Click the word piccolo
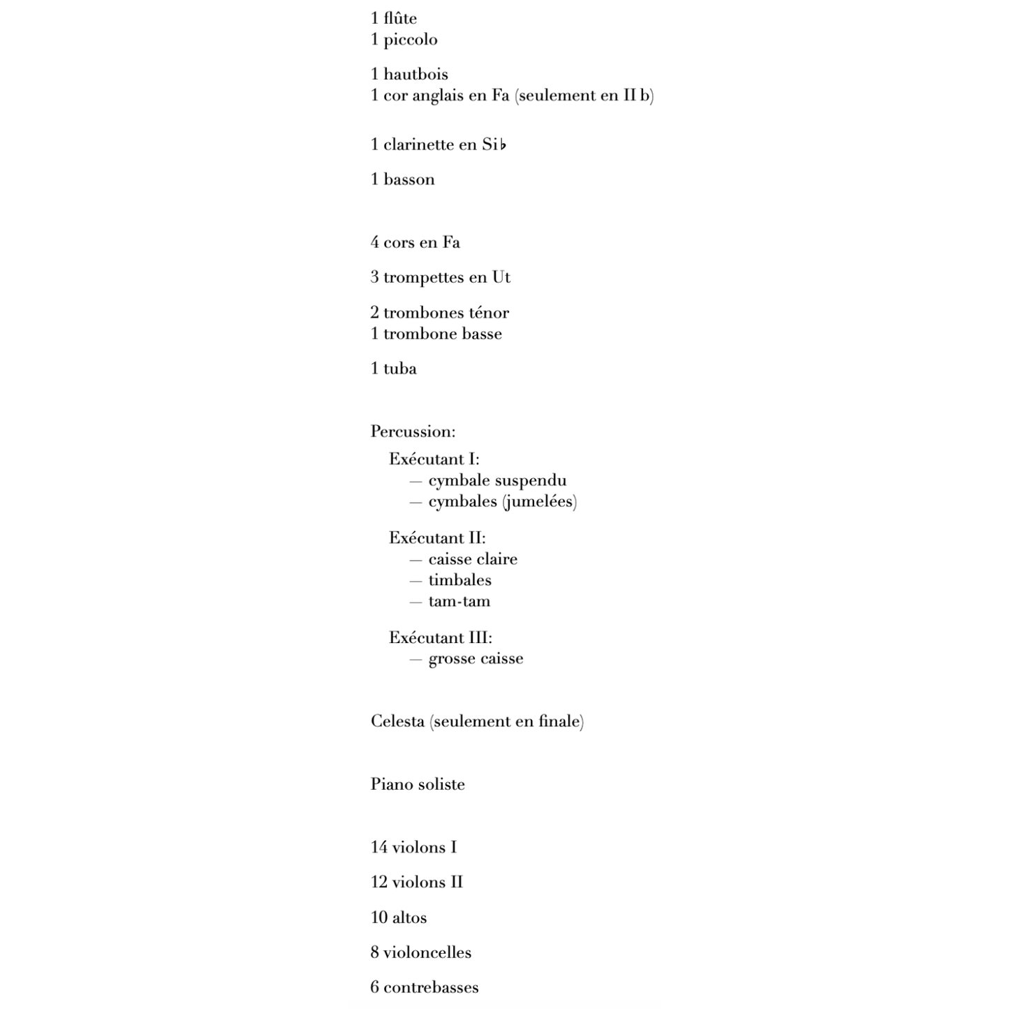pyautogui.click(x=411, y=40)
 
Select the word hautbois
pyautogui.click(x=415, y=75)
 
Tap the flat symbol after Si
pyautogui.click(x=503, y=145)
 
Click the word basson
pyautogui.click(x=409, y=179)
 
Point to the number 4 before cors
pyautogui.click(x=375, y=242)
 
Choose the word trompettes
pyautogui.click(x=425, y=277)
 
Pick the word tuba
pyautogui.click(x=400, y=369)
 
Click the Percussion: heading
pyautogui.click(x=413, y=432)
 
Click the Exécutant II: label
pyautogui.click(x=437, y=538)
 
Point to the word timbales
pyautogui.click(x=459, y=580)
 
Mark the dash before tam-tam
pyautogui.click(x=415, y=601)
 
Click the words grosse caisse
pyautogui.click(x=476, y=658)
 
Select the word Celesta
pyautogui.click(x=397, y=721)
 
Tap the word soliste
pyautogui.click(x=441, y=784)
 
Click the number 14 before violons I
pyautogui.click(x=378, y=847)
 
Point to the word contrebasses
pyautogui.click(x=431, y=987)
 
